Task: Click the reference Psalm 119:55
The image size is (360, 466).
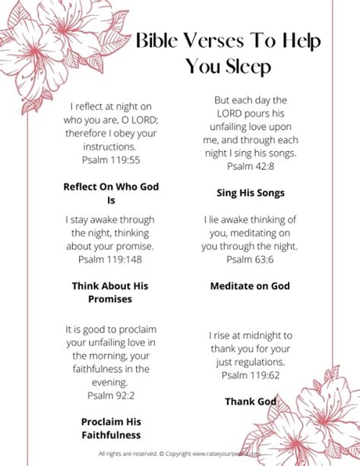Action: coord(111,160)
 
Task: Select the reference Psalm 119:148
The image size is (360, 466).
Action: coord(111,259)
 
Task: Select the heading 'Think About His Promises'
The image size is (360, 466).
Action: coord(111,292)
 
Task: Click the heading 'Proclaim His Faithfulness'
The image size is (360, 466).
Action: coord(111,427)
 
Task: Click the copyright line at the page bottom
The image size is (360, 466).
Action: coord(180,454)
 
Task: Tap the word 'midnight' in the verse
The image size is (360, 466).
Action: coord(254,335)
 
